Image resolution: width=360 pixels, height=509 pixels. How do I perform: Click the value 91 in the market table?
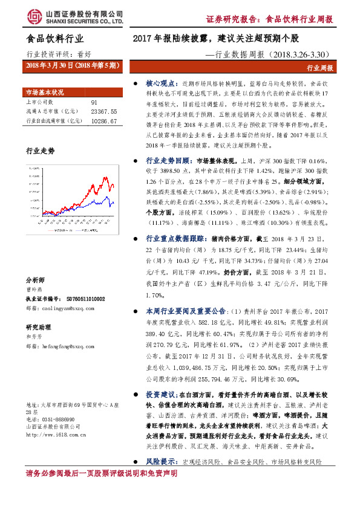pyautogui.click(x=94, y=103)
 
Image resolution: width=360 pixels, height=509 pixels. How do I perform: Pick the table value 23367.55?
pyautogui.click(x=103, y=111)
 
